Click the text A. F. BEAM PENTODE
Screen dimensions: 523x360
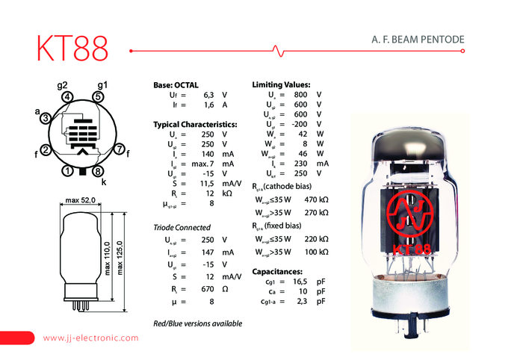[x=418, y=38]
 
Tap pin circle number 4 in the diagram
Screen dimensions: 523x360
[x=68, y=96]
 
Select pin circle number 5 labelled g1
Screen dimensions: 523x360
[x=99, y=96]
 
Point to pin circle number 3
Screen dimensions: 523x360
[x=46, y=118]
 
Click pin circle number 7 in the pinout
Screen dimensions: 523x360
[x=120, y=150]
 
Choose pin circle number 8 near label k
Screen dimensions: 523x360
[x=99, y=171]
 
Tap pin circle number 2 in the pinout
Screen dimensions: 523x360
[x=46, y=150]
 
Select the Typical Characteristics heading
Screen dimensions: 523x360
[x=195, y=124]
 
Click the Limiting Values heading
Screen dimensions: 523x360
[x=282, y=85]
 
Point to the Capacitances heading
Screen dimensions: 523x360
[x=277, y=271]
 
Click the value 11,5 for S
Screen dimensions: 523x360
[x=208, y=183]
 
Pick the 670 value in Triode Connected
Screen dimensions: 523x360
[x=208, y=288]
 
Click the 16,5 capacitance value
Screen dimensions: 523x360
[x=299, y=281]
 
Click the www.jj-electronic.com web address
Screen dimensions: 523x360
[x=91, y=338]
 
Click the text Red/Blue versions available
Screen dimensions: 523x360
[x=197, y=323]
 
